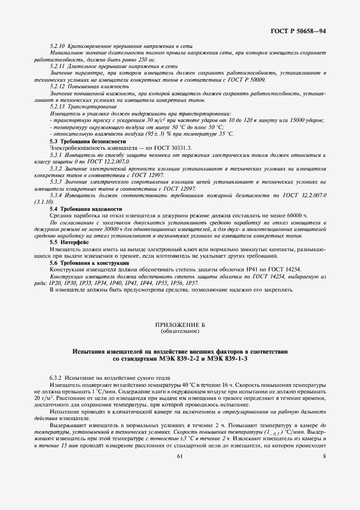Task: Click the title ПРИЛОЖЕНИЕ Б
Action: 180,325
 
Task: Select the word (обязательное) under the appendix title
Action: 180,331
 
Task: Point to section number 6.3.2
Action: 56,378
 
